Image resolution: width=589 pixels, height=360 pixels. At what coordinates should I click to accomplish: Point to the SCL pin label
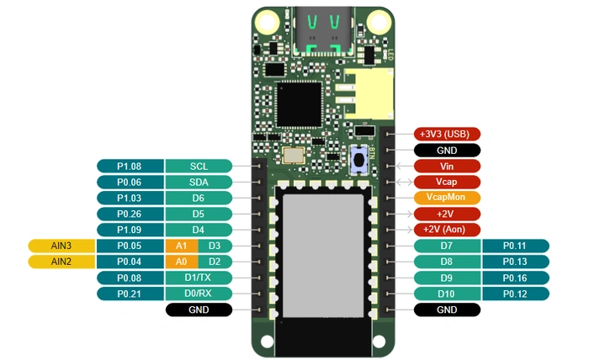tap(199, 166)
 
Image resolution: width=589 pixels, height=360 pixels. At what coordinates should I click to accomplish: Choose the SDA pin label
tap(199, 182)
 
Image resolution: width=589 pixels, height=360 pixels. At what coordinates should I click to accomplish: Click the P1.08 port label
tap(130, 166)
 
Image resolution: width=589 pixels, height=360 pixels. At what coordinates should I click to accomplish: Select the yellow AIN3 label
tap(61, 246)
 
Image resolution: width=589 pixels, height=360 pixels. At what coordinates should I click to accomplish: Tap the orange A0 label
tap(181, 262)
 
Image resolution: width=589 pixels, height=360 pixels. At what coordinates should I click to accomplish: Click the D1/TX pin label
tap(199, 278)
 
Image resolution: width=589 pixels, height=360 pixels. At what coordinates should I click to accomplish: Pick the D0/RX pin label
tap(199, 294)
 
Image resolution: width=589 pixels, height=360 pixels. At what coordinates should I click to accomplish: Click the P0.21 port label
tap(130, 294)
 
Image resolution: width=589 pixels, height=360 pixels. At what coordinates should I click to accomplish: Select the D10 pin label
tap(448, 294)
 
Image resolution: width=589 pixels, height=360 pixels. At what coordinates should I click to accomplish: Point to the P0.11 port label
tap(515, 246)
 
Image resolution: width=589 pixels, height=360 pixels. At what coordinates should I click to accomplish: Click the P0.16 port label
tap(515, 278)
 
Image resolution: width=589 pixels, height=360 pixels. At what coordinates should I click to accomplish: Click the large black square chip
tap(299, 104)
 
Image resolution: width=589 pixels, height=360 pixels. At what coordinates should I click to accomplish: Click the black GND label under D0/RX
tap(199, 310)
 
